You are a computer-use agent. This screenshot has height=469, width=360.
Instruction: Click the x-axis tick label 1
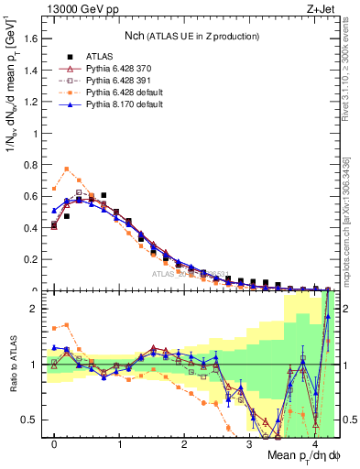tap(119, 443)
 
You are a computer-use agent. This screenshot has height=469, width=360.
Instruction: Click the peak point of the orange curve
tap(67, 169)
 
